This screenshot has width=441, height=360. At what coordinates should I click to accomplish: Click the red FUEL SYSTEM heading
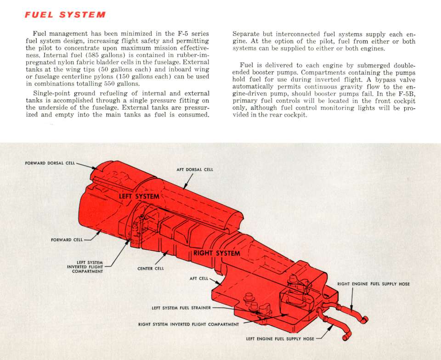(65, 15)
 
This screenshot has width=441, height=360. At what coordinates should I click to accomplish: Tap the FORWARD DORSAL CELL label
(50, 163)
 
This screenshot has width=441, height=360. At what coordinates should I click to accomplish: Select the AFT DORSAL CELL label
(195, 169)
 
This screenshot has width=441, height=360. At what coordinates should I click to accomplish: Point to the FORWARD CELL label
(67, 240)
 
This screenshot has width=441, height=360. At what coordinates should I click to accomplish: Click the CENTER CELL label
(151, 268)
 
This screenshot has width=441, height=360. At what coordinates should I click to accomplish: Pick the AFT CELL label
(199, 278)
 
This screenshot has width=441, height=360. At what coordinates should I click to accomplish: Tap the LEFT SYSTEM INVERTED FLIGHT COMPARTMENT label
(85, 267)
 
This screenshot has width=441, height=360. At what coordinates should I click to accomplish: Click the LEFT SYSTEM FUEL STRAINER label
(181, 308)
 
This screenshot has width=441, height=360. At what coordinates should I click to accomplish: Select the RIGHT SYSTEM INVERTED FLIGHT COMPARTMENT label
(188, 324)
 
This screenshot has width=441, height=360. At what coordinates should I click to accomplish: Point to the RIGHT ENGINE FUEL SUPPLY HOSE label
(373, 284)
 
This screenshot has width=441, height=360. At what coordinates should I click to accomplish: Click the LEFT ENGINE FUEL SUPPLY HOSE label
(280, 338)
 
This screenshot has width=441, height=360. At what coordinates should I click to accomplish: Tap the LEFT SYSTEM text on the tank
(139, 196)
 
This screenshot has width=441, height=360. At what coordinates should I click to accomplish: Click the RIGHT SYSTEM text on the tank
(217, 253)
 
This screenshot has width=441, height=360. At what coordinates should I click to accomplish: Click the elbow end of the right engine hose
(364, 319)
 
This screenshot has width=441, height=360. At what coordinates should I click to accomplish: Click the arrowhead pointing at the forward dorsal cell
(95, 168)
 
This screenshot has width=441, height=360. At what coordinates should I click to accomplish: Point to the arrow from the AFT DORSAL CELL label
(188, 181)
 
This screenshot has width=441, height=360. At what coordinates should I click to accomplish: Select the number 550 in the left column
(110, 84)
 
